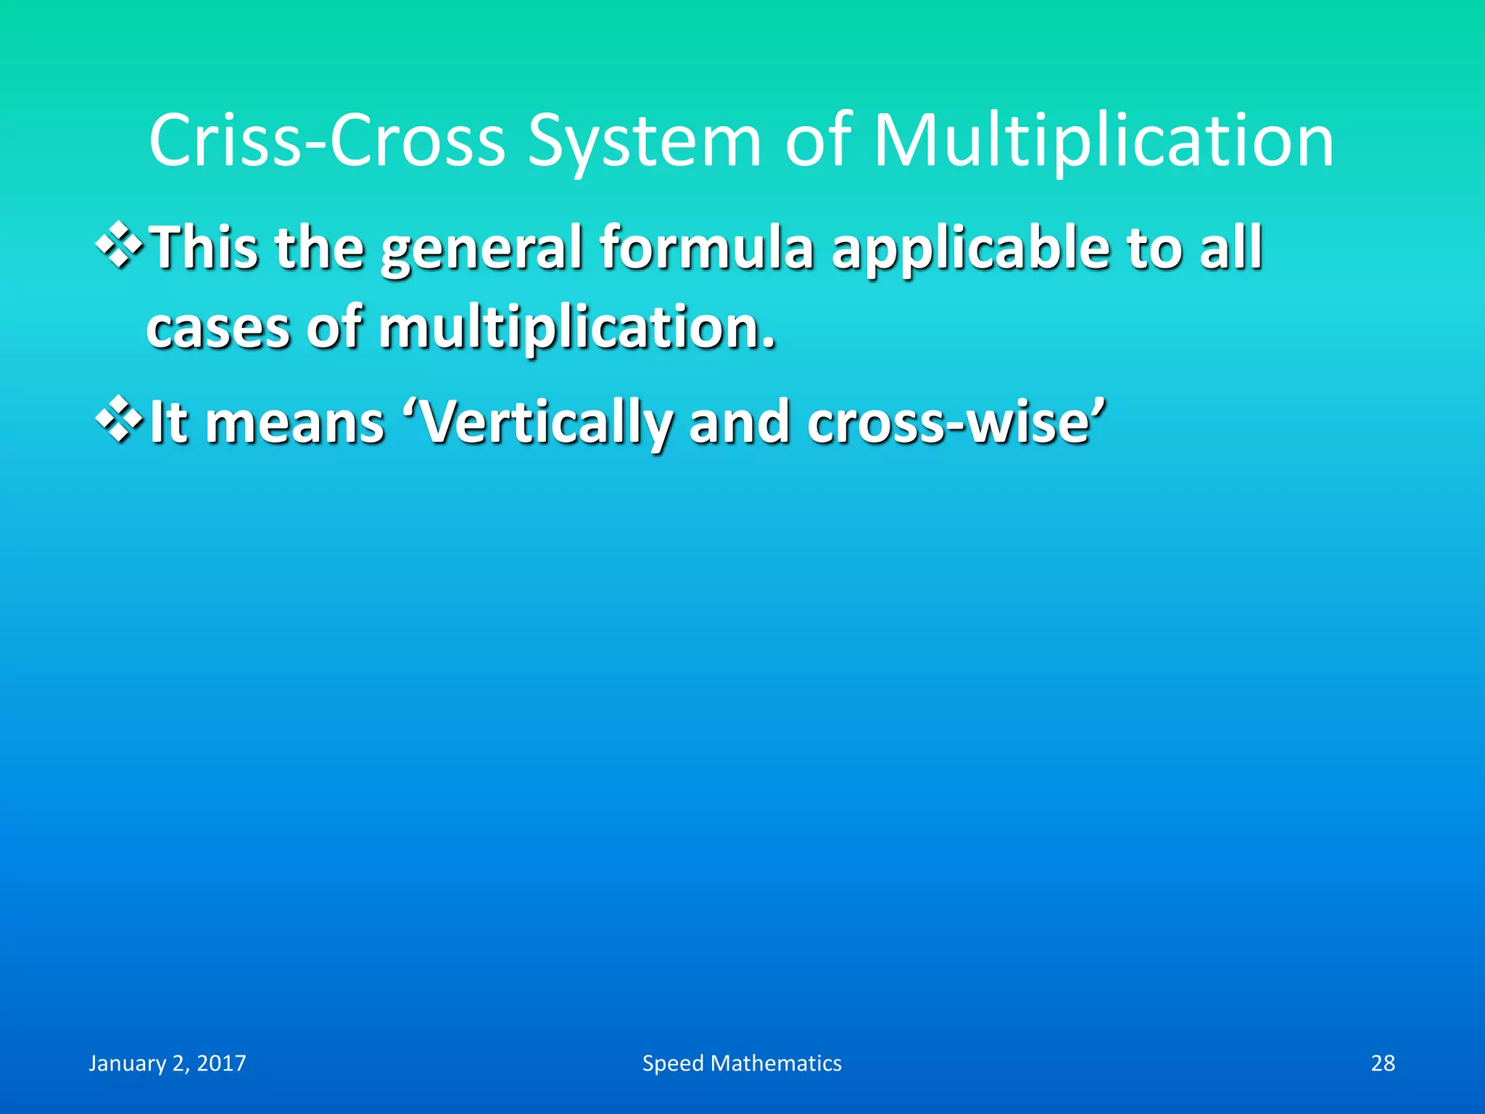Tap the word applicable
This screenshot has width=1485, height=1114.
click(x=970, y=249)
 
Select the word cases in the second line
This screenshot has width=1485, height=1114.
click(x=218, y=329)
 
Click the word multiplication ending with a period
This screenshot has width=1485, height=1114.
click(x=576, y=329)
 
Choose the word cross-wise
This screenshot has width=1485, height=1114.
click(x=956, y=423)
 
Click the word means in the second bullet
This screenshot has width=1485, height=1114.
click(x=294, y=423)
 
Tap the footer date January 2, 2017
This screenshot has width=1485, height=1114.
click(x=167, y=1063)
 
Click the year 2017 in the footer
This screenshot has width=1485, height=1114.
click(x=221, y=1063)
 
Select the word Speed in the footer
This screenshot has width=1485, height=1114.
click(x=673, y=1063)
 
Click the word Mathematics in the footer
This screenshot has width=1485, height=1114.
click(x=776, y=1063)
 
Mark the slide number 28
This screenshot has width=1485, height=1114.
click(x=1383, y=1063)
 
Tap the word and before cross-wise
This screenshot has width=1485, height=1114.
click(x=739, y=423)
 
